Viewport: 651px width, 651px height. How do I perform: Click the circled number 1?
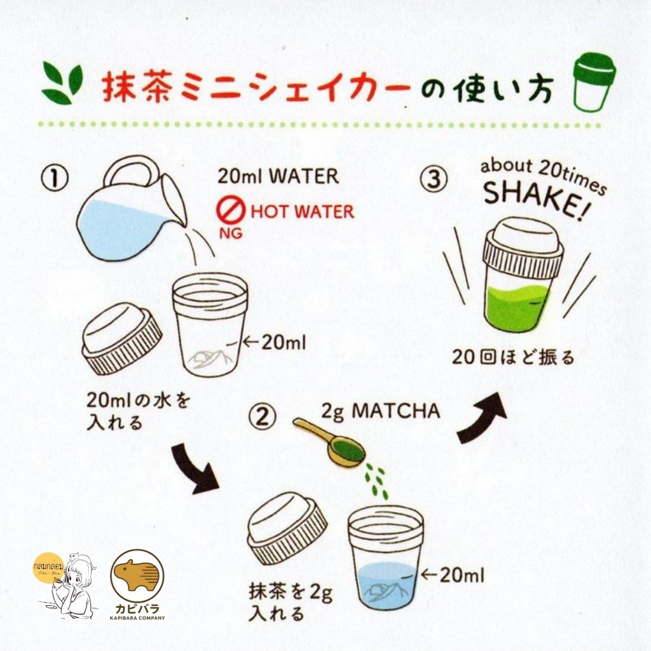point(55,178)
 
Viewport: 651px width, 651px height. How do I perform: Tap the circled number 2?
point(263,417)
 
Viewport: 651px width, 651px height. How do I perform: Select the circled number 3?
point(434,179)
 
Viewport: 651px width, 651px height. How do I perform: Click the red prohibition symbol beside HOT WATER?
point(231,211)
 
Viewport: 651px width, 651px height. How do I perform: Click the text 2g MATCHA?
point(381,411)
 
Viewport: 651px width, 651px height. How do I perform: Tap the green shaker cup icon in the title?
point(594,82)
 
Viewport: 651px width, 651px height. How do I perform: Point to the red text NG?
point(231,233)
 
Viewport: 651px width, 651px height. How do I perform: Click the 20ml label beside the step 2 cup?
point(453,575)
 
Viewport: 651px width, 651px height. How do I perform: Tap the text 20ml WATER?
point(278,176)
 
